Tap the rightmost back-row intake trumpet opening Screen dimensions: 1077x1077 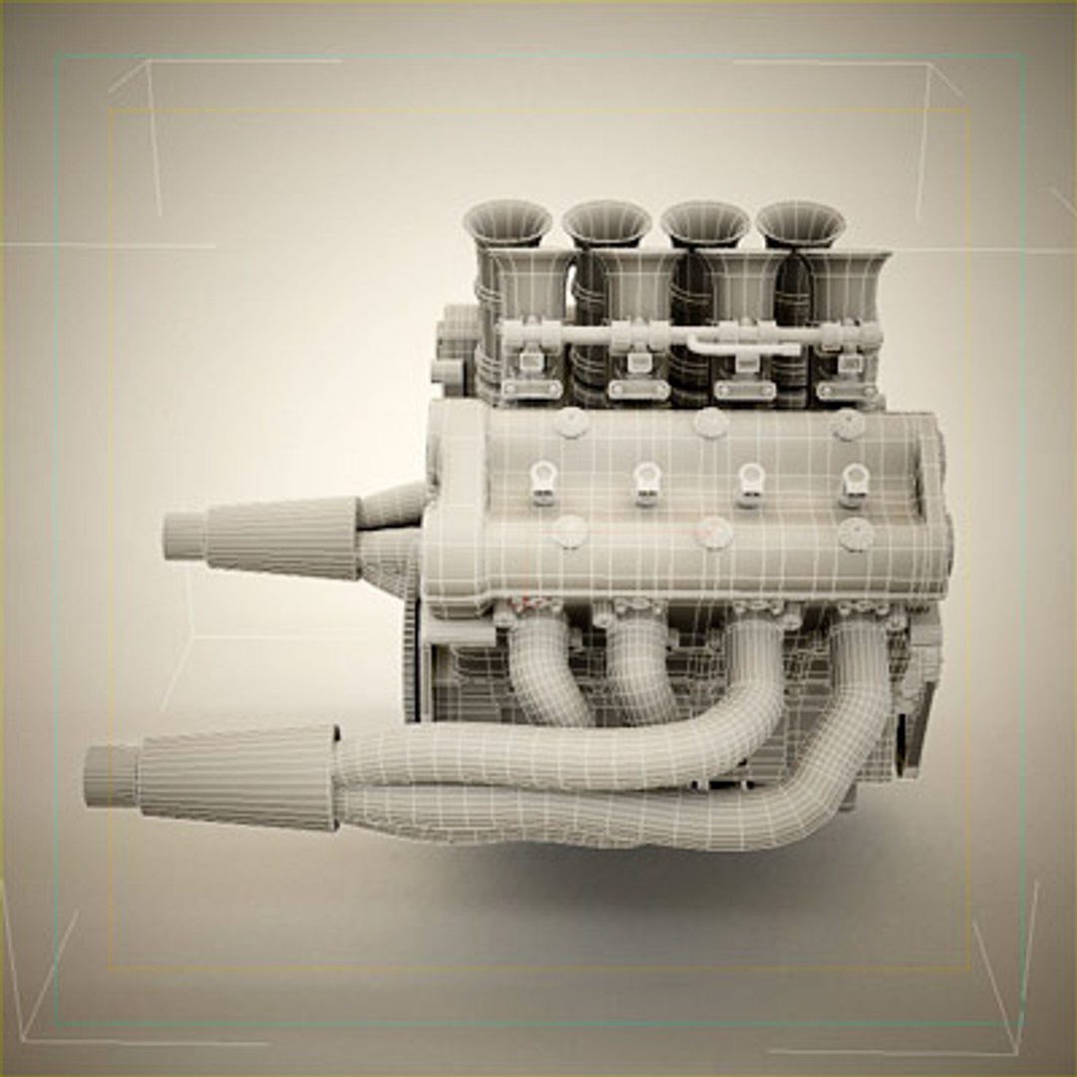(x=800, y=221)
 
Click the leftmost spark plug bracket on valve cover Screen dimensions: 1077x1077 (x=542, y=482)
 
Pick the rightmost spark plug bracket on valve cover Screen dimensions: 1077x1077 (x=853, y=485)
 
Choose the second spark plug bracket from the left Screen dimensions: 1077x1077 (x=646, y=483)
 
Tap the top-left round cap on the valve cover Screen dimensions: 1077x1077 (x=571, y=422)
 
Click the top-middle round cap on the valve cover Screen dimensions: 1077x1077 (x=710, y=423)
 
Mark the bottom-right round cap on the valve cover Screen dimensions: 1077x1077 (x=856, y=535)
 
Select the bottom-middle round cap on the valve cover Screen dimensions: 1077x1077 (x=714, y=534)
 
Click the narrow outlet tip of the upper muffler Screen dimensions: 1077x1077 (x=183, y=536)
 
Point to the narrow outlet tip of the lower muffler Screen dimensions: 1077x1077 (x=110, y=776)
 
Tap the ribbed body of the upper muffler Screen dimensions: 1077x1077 (x=284, y=538)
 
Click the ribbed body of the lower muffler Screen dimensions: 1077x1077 (x=239, y=778)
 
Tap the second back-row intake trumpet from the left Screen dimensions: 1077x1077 (x=606, y=221)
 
